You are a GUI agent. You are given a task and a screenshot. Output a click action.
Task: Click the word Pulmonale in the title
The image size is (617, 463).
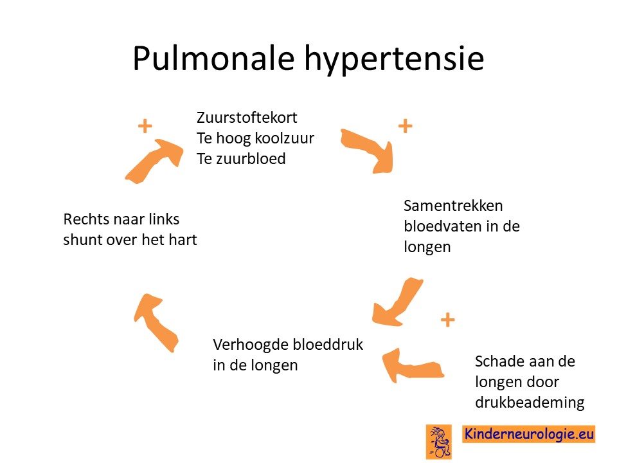(x=213, y=59)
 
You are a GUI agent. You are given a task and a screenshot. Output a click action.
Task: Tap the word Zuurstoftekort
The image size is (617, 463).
(x=247, y=117)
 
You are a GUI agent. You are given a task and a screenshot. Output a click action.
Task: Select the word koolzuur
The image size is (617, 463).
(x=285, y=138)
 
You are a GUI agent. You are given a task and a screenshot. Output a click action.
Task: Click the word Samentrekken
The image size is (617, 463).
(x=453, y=206)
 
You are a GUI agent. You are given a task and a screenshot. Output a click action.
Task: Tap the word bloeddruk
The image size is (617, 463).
(x=329, y=344)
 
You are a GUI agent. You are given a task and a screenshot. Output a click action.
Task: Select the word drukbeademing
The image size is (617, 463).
(x=530, y=403)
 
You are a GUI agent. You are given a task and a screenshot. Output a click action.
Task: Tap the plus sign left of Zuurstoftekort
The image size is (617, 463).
(x=145, y=126)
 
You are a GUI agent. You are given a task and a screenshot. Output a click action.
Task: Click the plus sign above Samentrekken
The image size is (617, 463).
(x=406, y=126)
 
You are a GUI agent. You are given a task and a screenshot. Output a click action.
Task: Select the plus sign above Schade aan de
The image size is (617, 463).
(x=447, y=320)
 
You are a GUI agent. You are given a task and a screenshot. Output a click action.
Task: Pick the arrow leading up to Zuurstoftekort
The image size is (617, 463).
(x=154, y=161)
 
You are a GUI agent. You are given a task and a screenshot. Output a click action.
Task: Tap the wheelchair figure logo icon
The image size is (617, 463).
(x=439, y=442)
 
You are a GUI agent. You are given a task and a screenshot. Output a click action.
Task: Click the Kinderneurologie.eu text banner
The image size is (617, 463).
(x=528, y=434)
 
